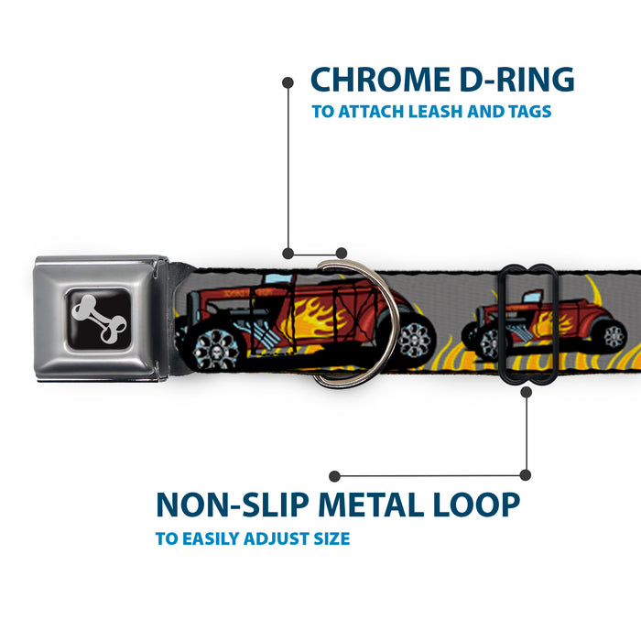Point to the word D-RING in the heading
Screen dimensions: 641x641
pos(522,81)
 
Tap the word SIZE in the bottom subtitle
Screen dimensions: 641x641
pos(328,538)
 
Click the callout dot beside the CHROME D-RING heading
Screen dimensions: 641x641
pos(288,81)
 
